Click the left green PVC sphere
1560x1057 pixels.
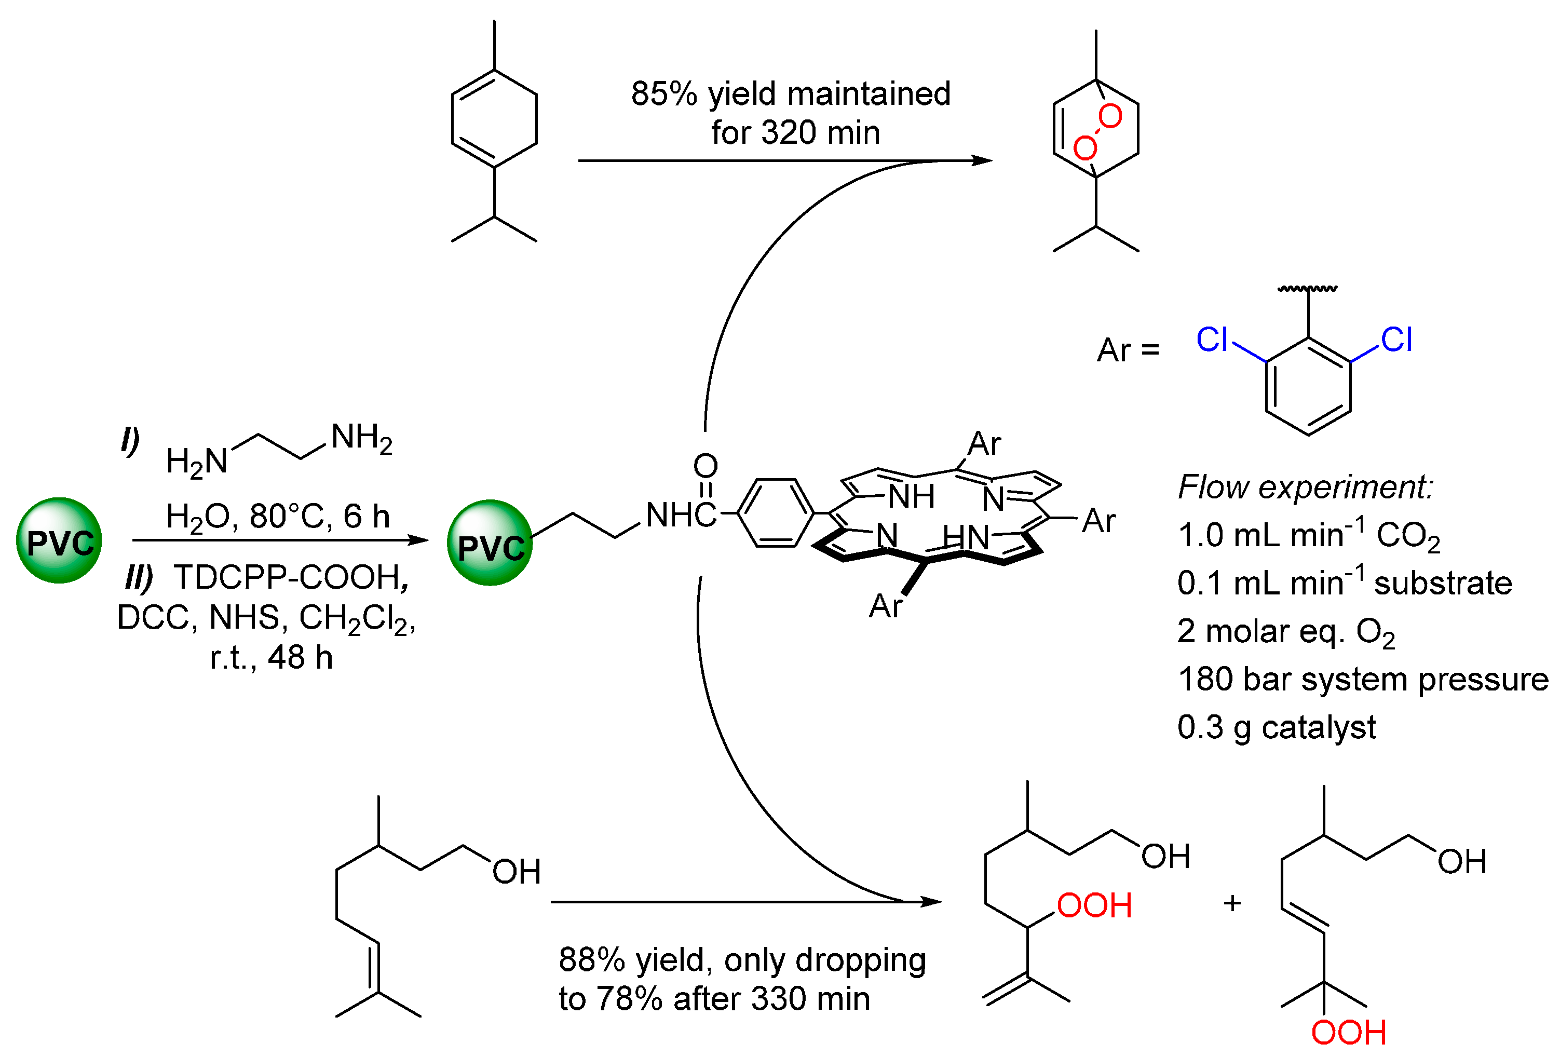(59, 540)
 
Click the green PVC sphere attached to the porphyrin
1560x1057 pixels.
(490, 543)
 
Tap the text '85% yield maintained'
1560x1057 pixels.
(790, 93)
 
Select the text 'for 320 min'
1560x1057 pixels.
(795, 132)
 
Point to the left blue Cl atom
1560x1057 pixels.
(1212, 340)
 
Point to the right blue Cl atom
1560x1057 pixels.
(1396, 340)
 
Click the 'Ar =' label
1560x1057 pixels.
(1128, 350)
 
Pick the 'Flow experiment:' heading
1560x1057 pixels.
(1305, 486)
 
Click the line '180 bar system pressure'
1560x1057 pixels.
(1363, 679)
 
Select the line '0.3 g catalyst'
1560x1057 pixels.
(1276, 727)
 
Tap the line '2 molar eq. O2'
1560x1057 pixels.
(1285, 631)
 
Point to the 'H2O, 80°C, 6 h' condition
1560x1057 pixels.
(278, 517)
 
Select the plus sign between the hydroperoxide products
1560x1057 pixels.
(1232, 903)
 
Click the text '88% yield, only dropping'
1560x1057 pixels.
(742, 960)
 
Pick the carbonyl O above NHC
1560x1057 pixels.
(705, 465)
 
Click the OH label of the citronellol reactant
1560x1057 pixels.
(516, 872)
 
